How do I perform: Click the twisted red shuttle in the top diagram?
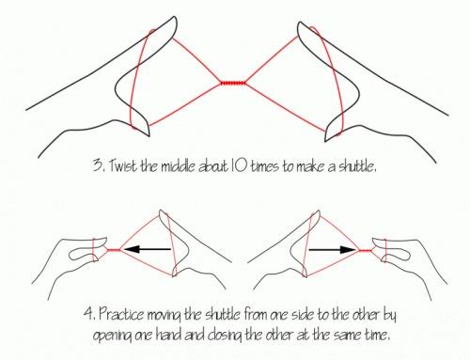[x=233, y=83]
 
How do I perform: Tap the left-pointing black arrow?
[x=147, y=249]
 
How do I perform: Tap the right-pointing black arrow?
[x=333, y=249]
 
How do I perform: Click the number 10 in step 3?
[x=239, y=165]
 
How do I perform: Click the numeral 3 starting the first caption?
[x=97, y=165]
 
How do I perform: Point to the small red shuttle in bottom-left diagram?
[x=114, y=250]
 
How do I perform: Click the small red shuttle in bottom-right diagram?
[x=365, y=250]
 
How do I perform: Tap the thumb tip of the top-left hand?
[x=147, y=133]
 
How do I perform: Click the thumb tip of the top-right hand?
[x=327, y=137]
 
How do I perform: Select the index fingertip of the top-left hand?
[x=174, y=20]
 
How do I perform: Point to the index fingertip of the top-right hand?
[x=300, y=25]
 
